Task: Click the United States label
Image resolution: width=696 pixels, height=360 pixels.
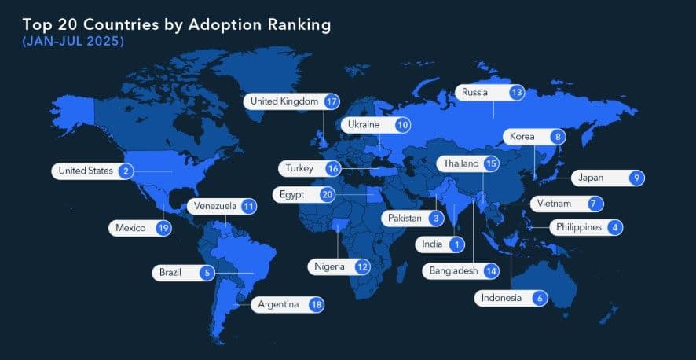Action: (86, 171)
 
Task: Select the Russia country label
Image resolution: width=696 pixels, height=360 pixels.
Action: (474, 92)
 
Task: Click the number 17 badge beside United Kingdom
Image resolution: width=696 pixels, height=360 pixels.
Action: (332, 101)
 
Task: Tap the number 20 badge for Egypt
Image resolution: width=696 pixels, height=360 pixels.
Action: (328, 193)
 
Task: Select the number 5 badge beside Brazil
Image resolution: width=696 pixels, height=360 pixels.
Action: (207, 273)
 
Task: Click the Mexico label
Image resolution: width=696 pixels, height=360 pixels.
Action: (130, 228)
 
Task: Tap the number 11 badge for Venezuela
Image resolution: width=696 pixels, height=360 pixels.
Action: (248, 206)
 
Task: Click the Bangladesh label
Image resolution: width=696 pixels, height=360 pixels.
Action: (453, 270)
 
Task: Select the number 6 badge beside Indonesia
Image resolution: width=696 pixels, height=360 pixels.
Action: (539, 298)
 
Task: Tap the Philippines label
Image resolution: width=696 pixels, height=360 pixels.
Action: (579, 227)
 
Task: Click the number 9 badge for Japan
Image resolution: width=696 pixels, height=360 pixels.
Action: (636, 178)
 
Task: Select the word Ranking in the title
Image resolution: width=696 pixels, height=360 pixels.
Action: (289, 24)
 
